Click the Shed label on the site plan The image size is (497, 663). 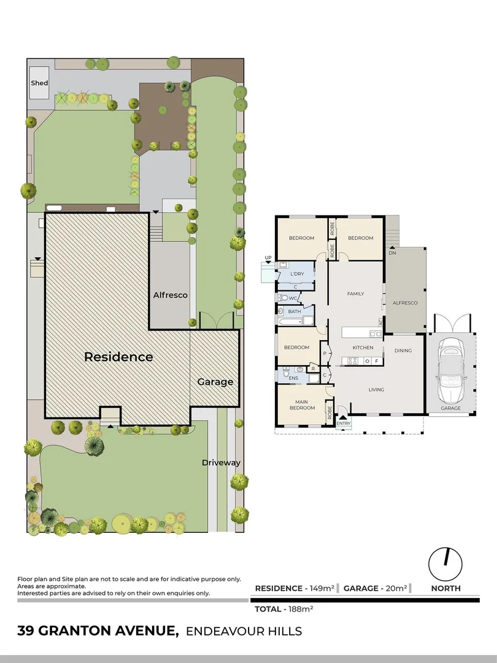(39, 83)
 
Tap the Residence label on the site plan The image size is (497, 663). (118, 357)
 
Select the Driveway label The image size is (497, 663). (221, 463)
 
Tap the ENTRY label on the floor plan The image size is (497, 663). (344, 423)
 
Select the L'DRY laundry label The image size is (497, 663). (297, 274)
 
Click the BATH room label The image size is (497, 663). (295, 312)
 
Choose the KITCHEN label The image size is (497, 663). (363, 348)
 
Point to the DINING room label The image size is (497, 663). (403, 351)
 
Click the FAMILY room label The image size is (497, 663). (356, 294)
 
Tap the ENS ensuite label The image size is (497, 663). (293, 378)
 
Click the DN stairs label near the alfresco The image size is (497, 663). (392, 252)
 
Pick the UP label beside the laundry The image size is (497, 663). (268, 258)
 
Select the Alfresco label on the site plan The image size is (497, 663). (170, 295)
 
